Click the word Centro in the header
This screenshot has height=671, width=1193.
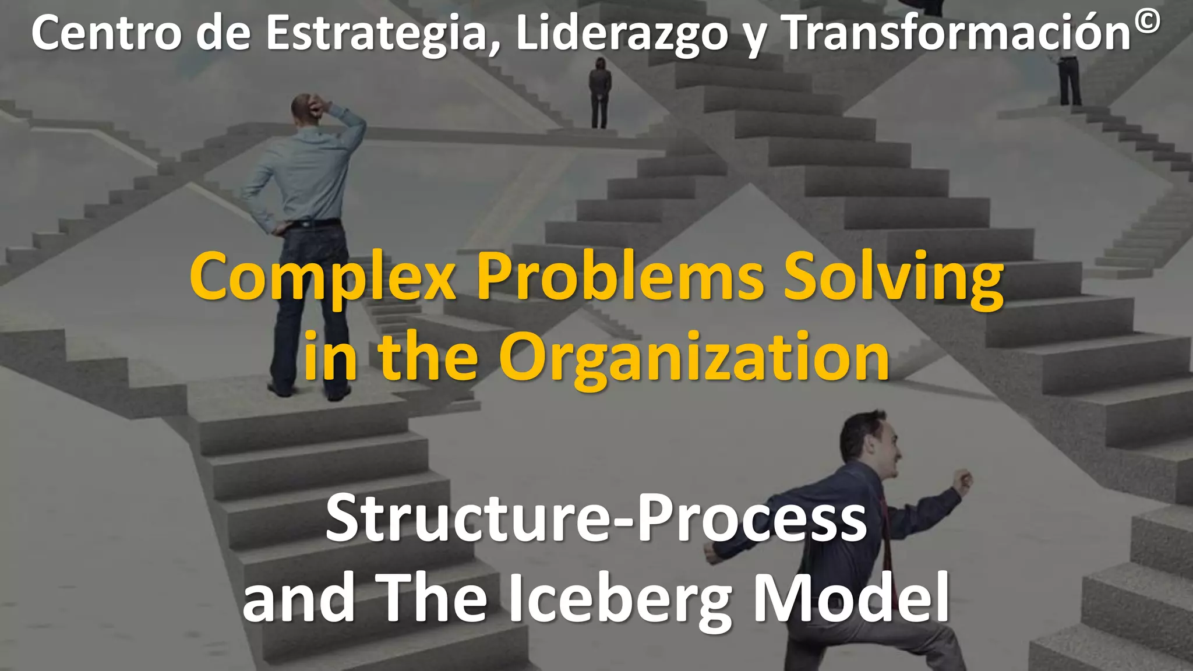click(106, 33)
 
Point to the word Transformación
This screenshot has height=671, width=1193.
click(955, 33)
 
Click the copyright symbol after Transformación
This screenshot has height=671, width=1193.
click(1147, 24)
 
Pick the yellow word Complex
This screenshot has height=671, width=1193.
click(322, 278)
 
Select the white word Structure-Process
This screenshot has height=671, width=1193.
click(596, 518)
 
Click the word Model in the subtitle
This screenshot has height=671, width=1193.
click(851, 597)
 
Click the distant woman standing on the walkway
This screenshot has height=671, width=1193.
click(599, 93)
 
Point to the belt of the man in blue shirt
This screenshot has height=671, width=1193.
click(315, 223)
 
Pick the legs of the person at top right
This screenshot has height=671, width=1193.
click(1070, 84)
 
